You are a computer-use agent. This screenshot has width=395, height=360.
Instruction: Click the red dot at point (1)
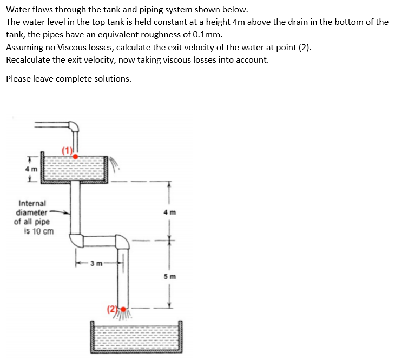click(76, 156)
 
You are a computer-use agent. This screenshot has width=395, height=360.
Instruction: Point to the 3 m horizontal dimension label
click(97, 264)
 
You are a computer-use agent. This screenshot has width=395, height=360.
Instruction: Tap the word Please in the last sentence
click(19, 78)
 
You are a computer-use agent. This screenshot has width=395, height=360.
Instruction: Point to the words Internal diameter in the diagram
click(32, 208)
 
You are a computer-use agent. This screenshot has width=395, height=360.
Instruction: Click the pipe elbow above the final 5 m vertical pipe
click(122, 242)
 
